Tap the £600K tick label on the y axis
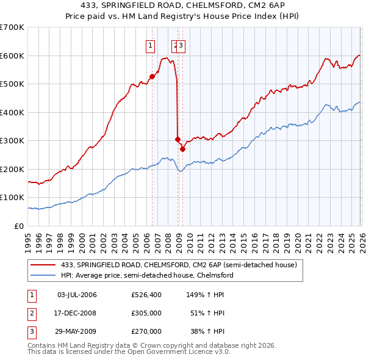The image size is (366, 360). (x=12, y=56)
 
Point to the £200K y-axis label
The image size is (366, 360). (x=12, y=169)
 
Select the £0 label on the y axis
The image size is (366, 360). (x=20, y=226)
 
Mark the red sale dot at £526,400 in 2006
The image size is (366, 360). (x=152, y=77)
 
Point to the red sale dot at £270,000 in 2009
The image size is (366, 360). (x=182, y=149)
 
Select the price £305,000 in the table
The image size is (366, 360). (x=146, y=313)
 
